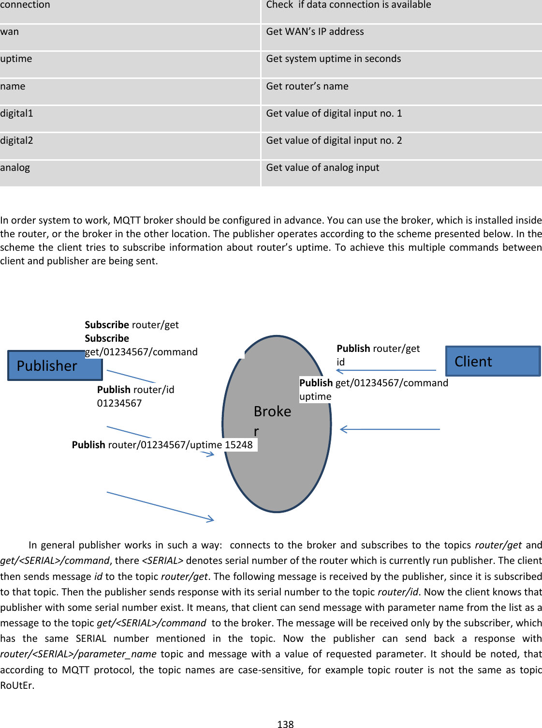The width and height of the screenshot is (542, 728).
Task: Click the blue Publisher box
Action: click(55, 365)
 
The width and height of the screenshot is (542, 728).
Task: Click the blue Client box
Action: click(492, 361)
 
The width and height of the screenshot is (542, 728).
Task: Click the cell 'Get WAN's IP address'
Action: click(315, 32)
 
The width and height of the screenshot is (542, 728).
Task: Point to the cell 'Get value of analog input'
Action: click(322, 168)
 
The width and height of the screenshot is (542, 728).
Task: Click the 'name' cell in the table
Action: click(13, 87)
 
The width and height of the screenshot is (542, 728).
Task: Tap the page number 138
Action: click(285, 724)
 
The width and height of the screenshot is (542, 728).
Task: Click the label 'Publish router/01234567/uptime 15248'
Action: click(162, 445)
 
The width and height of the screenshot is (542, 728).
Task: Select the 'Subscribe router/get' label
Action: click(132, 325)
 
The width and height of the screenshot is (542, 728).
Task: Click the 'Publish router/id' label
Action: click(135, 390)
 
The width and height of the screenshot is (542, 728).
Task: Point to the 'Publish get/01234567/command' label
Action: click(373, 383)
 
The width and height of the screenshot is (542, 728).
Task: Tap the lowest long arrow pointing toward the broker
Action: click(160, 506)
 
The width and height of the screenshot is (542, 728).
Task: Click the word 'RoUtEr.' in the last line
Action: click(17, 685)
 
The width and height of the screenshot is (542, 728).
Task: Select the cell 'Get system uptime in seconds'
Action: click(333, 59)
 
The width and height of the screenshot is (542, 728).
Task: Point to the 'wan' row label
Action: click(10, 32)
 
